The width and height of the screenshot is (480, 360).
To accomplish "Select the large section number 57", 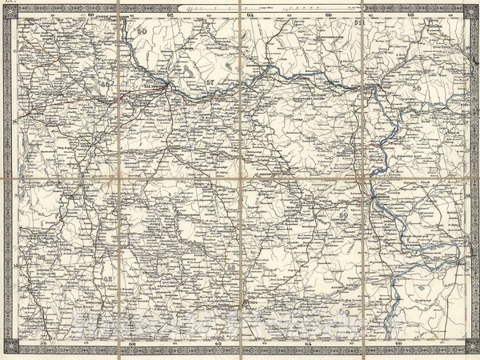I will [x=210, y=82].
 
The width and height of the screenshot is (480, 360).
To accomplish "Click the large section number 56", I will [x=416, y=89].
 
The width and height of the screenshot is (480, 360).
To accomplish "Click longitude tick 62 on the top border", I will [x=170, y=14].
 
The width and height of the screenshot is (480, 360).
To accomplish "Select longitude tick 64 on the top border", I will [x=250, y=14].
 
